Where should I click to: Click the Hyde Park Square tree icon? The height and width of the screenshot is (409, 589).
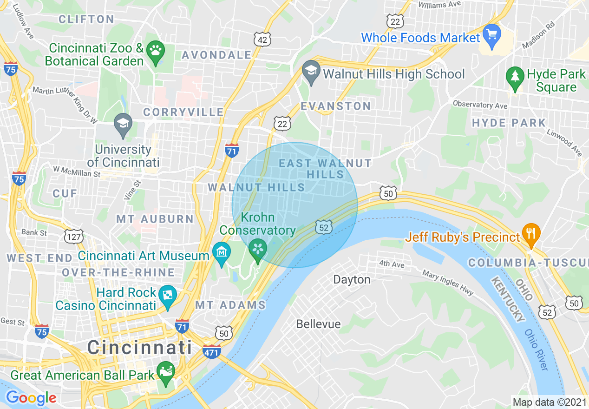(515, 76)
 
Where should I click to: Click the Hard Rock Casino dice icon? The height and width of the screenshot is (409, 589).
(166, 295)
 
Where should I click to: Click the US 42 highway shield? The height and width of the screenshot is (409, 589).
(262, 40)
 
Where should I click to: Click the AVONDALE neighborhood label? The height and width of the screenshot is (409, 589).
(216, 55)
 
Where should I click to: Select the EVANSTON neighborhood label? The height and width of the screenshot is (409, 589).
(335, 106)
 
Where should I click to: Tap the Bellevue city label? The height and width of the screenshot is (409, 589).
(318, 324)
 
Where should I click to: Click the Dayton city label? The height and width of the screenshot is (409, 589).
(352, 279)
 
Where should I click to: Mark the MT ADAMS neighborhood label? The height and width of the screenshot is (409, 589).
(230, 305)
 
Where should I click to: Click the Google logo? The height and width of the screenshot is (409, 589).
(31, 398)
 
